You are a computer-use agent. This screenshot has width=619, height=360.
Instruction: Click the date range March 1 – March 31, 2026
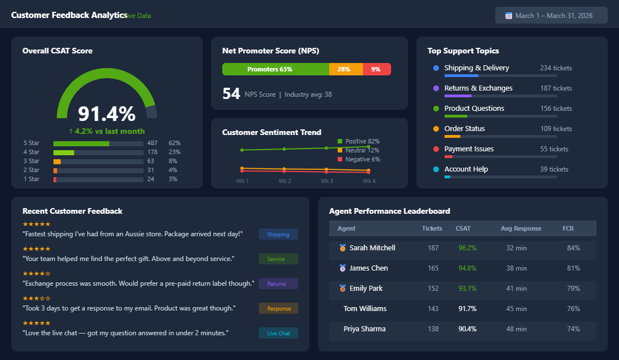(551, 16)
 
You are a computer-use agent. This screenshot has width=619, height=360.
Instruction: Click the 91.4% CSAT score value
(107, 114)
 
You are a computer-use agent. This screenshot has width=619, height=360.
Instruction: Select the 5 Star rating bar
(98, 143)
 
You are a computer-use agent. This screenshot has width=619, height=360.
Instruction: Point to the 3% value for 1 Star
(173, 179)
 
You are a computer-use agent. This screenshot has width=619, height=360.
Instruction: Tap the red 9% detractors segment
(376, 69)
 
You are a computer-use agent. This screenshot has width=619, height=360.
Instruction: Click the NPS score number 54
(231, 94)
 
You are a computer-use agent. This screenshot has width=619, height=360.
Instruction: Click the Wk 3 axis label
(327, 181)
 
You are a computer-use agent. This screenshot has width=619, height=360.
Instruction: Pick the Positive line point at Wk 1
(242, 150)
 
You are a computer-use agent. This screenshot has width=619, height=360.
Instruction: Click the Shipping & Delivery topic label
(476, 68)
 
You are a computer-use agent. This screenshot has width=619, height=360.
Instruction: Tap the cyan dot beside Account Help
(436, 169)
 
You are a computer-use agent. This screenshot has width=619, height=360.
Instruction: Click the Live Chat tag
(279, 333)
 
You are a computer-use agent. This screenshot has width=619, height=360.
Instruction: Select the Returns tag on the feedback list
(279, 283)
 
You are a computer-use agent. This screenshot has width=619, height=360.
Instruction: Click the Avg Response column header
(521, 228)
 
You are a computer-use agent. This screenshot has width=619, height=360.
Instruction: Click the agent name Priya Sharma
(364, 329)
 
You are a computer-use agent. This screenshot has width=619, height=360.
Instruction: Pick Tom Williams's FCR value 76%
(573, 309)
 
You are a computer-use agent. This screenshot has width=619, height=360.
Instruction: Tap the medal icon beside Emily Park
(343, 289)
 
